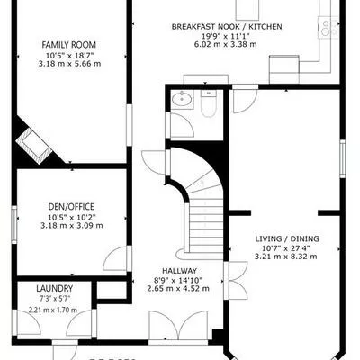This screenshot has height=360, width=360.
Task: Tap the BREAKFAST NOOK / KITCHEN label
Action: coord(227,28)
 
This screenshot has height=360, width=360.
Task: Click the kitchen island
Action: coord(248,8)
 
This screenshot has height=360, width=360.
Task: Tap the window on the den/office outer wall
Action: coord(15,220)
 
